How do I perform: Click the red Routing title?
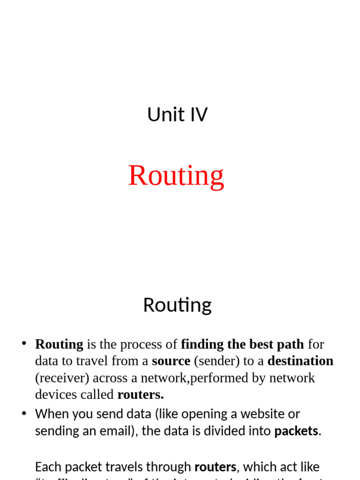click(x=176, y=175)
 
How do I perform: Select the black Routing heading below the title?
click(x=177, y=305)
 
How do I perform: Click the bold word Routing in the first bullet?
click(x=59, y=345)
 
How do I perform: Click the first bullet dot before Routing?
click(x=24, y=344)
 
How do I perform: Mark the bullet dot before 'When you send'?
click(x=24, y=413)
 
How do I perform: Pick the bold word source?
click(x=171, y=361)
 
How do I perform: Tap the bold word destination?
click(x=300, y=361)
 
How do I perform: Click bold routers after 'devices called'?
click(x=141, y=395)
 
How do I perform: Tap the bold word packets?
click(x=296, y=431)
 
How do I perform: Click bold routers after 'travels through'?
click(x=215, y=467)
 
